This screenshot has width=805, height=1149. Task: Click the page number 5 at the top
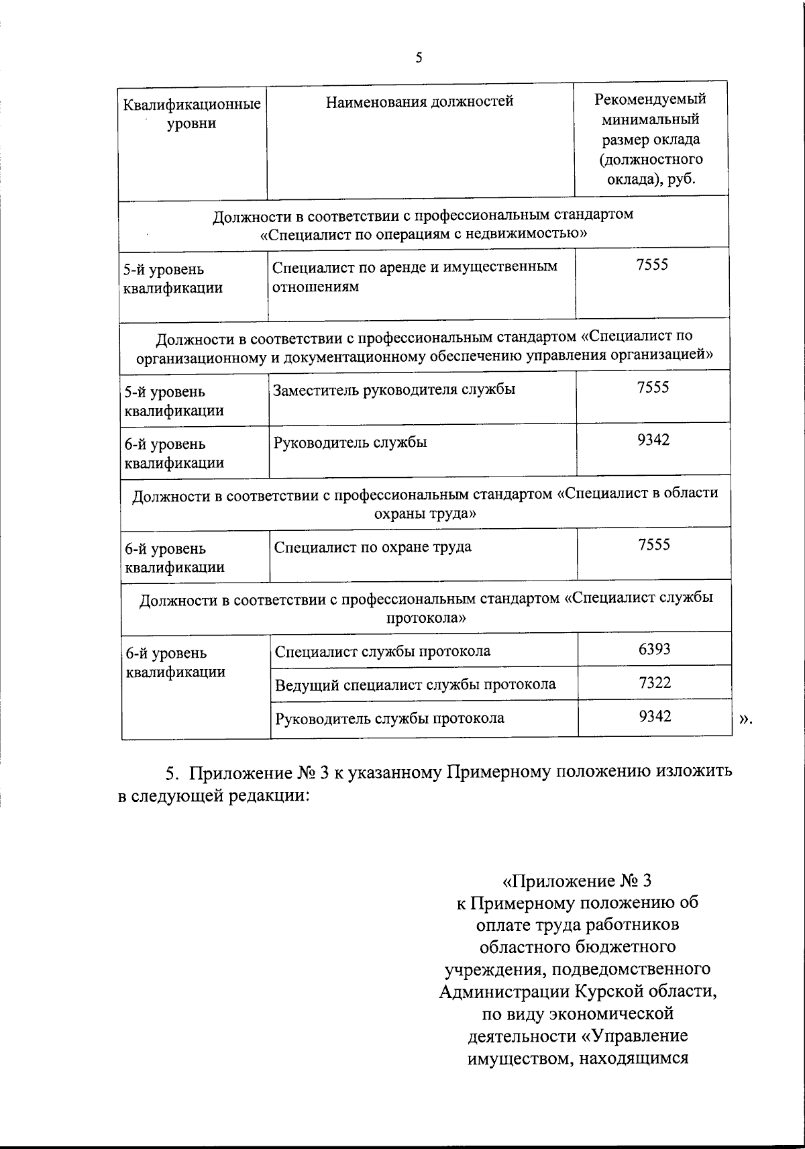point(419,58)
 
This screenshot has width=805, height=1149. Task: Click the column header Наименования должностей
point(420,101)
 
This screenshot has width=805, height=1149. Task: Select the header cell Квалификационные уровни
point(192,114)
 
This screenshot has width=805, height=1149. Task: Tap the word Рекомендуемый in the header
point(650,99)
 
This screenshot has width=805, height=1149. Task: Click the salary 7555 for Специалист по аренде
point(653,264)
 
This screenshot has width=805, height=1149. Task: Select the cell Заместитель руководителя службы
point(394,389)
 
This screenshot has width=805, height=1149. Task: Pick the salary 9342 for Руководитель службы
point(653,440)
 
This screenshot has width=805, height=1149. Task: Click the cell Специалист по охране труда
point(373,546)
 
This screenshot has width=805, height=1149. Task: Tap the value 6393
point(655,648)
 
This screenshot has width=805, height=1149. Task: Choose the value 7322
point(655,683)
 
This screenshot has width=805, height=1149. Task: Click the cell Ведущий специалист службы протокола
point(415,684)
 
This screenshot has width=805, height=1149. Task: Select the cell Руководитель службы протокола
point(390,718)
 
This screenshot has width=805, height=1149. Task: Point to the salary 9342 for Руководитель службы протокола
point(655,716)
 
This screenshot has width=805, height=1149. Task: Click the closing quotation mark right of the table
point(745,719)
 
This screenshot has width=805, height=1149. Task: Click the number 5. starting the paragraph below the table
point(172,772)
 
